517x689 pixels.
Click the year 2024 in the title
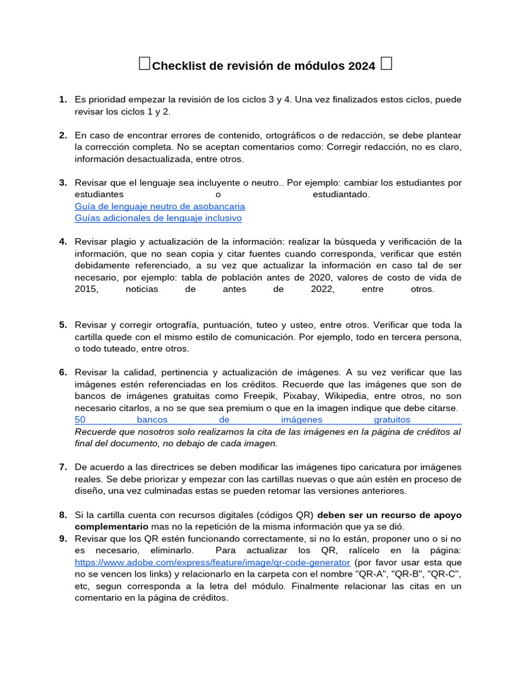tap(361, 65)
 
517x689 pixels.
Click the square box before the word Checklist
tap(145, 64)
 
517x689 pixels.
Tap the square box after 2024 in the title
tap(386, 64)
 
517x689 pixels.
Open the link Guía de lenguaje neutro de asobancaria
tap(160, 206)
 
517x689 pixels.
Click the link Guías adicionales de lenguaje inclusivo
tap(158, 218)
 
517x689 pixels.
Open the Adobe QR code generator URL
tap(212, 562)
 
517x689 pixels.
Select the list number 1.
tap(63, 100)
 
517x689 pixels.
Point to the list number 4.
tap(63, 241)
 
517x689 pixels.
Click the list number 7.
tap(63, 466)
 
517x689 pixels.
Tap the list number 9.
tap(63, 538)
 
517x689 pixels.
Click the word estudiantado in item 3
tap(341, 194)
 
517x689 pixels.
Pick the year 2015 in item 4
tap(87, 289)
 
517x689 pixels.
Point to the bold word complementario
tap(111, 526)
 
